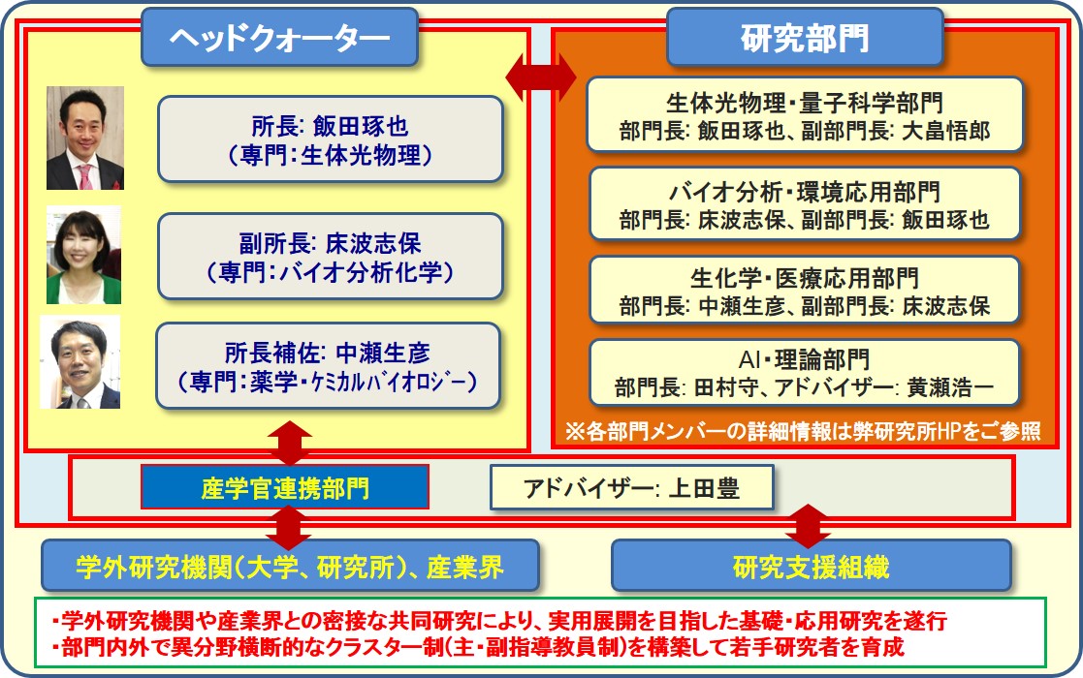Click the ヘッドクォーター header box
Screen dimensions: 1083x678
point(280,37)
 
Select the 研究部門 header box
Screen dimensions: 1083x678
point(805,37)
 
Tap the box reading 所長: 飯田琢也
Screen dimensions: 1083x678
point(331,139)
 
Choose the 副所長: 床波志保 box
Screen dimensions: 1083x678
point(331,257)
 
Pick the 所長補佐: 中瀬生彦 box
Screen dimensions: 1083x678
point(328,365)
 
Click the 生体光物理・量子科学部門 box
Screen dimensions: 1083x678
point(805,114)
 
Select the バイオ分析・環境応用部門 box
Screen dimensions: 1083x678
point(805,203)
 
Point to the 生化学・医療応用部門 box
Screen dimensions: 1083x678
point(805,290)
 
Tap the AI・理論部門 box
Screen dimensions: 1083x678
point(805,373)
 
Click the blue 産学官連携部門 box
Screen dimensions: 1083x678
point(284,487)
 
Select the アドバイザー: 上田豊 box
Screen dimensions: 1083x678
point(631,487)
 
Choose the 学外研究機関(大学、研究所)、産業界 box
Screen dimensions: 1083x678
point(290,566)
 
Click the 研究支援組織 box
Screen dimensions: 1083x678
point(812,566)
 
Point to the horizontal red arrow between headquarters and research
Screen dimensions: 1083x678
point(541,77)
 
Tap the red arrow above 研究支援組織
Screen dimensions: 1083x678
point(808,526)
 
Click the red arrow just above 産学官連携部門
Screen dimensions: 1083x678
point(289,443)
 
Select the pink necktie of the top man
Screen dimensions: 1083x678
point(85,176)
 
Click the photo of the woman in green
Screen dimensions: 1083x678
point(83,255)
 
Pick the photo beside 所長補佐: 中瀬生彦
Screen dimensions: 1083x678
point(80,362)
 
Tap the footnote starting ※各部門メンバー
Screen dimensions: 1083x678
point(803,431)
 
